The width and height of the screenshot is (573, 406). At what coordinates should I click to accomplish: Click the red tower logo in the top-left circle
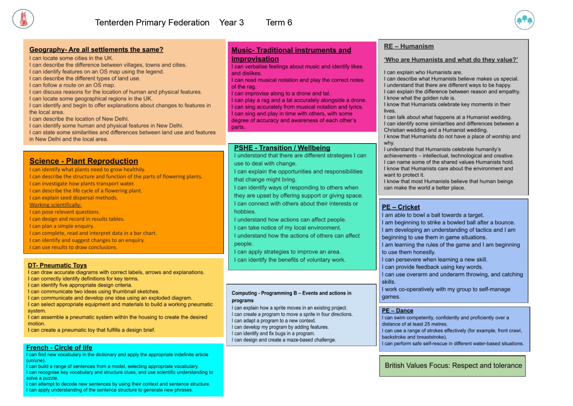pos(23,19)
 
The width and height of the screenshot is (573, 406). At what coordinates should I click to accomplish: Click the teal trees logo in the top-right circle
pos(524,20)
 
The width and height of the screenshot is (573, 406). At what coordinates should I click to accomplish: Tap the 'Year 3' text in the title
pos(231,22)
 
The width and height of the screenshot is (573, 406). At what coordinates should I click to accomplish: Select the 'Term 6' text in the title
pos(279,22)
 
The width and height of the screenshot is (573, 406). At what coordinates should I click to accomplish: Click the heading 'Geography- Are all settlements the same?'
pos(96,50)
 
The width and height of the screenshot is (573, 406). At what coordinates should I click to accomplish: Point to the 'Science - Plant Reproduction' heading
pos(84,161)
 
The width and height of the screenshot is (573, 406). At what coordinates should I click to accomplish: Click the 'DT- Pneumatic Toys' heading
pos(57,265)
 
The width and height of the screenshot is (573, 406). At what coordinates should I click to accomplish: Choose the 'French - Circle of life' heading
pos(59,347)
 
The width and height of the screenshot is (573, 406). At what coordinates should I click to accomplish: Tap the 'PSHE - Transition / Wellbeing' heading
pos(282,148)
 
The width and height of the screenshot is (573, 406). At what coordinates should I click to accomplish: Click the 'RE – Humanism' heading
pos(409,46)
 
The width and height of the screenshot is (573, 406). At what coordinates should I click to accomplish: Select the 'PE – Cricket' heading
pos(401,207)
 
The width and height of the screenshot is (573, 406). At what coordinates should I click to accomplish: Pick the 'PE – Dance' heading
pos(397,310)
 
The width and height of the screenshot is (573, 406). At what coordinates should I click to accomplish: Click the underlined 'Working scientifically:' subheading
pos(56,205)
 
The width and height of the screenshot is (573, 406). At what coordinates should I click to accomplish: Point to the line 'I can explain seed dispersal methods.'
pos(74,198)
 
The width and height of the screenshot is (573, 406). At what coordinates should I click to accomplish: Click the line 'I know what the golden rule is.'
pos(420,98)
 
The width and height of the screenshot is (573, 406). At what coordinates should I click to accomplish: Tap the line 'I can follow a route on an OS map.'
pos(72,85)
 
